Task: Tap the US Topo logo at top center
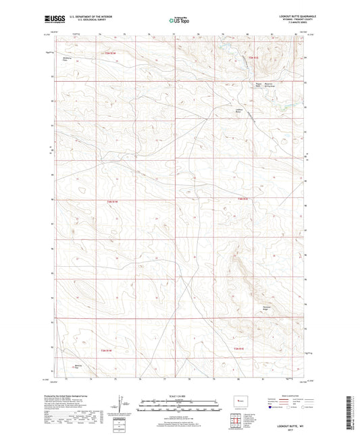179,20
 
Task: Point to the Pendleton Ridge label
269,308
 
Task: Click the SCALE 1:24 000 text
179,396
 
